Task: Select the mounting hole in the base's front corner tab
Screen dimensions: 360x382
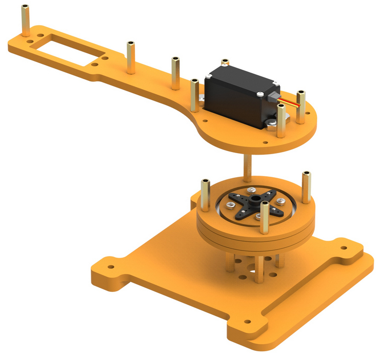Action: click(248, 322)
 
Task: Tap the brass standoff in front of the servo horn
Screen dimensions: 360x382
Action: click(264, 217)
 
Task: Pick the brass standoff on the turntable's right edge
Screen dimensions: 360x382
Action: click(307, 187)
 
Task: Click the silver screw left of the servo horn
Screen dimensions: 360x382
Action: click(230, 205)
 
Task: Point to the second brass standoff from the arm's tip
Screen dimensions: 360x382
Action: click(131, 56)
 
